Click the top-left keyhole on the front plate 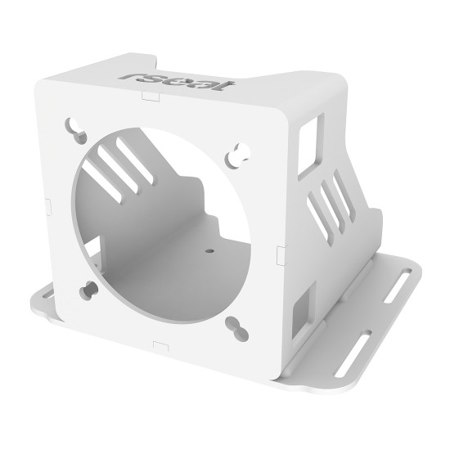tap(76, 128)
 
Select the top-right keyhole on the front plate tap(239, 151)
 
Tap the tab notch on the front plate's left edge tap(47, 199)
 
